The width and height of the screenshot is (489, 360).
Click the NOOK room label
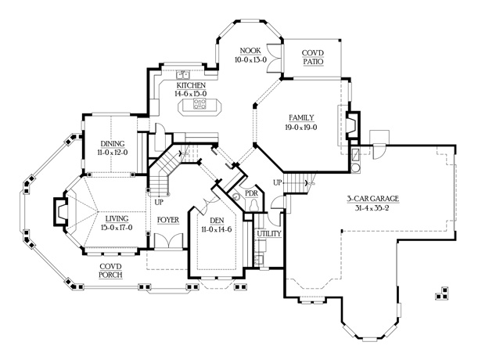point(250,50)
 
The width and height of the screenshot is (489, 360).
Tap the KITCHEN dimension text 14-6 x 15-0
point(191,94)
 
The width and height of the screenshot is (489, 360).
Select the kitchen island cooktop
point(200,103)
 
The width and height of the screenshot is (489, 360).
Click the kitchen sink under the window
point(183,75)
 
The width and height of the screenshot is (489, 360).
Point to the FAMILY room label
point(301,117)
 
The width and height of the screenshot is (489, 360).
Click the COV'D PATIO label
point(313,57)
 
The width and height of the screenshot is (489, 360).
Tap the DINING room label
point(112,144)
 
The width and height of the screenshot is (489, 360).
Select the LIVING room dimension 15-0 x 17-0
point(117,228)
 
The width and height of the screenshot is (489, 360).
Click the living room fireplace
point(60,211)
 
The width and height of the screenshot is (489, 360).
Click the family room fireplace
point(353,124)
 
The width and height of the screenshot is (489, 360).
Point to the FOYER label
point(168,220)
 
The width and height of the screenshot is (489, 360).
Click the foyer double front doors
point(169,241)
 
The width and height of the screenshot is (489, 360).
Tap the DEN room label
point(217,221)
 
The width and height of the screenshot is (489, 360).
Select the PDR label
point(251,193)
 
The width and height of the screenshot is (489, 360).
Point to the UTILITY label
point(269,234)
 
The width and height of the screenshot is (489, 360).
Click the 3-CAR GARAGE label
point(373,199)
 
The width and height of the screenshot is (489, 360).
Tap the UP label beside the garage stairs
point(277,182)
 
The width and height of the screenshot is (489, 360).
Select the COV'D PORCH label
point(111,271)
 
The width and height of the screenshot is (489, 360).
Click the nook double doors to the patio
point(275,57)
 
